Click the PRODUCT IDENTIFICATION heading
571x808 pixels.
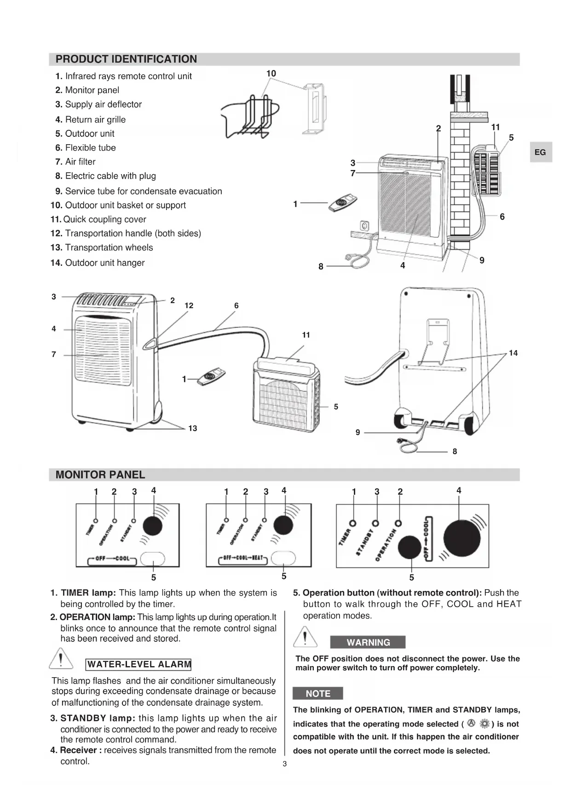[x=126, y=59]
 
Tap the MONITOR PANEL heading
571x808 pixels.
[x=100, y=474]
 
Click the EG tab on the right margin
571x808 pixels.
[x=540, y=152]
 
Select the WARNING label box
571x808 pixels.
[x=368, y=642]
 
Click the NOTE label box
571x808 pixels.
[x=317, y=693]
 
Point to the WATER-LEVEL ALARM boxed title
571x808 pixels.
[x=138, y=664]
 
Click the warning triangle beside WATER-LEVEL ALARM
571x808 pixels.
[x=61, y=658]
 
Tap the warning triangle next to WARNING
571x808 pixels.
[x=305, y=638]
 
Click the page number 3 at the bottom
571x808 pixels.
[x=284, y=764]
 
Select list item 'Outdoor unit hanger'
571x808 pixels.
[x=104, y=263]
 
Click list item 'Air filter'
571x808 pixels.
[x=80, y=162]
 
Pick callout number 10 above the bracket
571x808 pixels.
[x=271, y=73]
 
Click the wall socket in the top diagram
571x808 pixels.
[x=365, y=226]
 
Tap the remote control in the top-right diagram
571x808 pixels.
[x=343, y=203]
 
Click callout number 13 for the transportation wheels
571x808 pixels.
[x=192, y=428]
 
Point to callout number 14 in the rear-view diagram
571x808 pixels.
[x=513, y=353]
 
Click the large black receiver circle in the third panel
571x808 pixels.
[x=461, y=538]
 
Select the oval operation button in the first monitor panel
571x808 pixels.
[x=152, y=559]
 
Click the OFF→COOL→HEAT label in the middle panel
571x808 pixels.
[x=243, y=558]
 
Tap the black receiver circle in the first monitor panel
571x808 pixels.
[x=152, y=526]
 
